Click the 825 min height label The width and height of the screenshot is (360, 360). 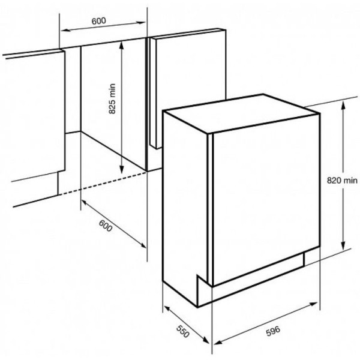tap(112, 99)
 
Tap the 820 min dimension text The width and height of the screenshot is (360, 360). tap(342, 181)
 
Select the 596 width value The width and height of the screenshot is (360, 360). tap(273, 331)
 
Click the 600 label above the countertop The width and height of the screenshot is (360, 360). tap(99, 21)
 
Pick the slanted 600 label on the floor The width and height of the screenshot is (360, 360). tap(106, 226)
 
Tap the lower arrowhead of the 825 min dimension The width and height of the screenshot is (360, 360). tap(121, 169)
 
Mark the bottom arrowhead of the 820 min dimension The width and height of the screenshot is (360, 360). tap(343, 245)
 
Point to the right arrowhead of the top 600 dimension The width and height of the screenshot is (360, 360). tap(141, 23)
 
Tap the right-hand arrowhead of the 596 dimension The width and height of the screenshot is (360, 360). tap(314, 304)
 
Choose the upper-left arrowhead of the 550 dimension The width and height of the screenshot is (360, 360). tap(168, 308)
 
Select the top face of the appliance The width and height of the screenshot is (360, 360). tap(240, 113)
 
